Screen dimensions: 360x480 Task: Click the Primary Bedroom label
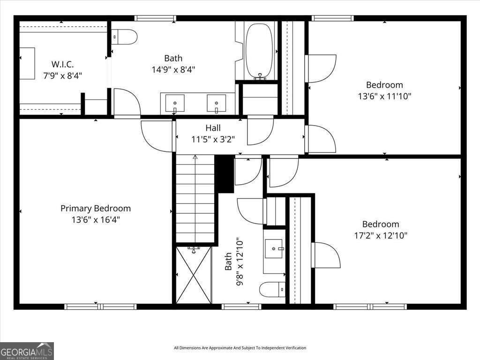pos(96,208)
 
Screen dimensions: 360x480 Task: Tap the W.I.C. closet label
pos(62,64)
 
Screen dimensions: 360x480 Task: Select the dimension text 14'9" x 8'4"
pos(173,69)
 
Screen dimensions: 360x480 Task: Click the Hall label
pos(213,128)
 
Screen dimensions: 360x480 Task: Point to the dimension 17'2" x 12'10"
pos(380,235)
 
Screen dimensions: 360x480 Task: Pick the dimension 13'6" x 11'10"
pos(384,96)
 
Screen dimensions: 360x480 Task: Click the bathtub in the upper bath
pos(259,51)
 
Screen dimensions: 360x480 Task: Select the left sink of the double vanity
pos(175,102)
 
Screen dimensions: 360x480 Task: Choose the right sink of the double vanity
pos(217,102)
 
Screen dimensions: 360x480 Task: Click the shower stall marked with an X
pos(194,275)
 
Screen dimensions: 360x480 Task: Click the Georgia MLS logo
pos(27,351)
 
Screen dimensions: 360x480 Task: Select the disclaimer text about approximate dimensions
pos(240,348)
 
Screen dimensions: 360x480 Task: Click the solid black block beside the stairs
pos(224,173)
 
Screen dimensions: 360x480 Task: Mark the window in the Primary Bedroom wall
pos(100,307)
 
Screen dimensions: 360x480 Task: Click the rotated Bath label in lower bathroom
pos(228,262)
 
